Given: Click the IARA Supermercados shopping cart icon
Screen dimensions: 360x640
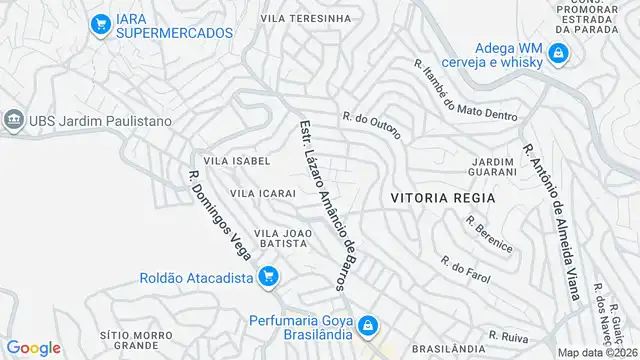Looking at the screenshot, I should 100,24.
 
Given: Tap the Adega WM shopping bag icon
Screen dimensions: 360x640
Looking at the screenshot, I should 560,54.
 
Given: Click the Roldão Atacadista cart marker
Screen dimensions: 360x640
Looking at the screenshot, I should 267,277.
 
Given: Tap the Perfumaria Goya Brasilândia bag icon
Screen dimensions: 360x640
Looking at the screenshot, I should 369,325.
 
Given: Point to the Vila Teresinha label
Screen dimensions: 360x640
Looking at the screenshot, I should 306,18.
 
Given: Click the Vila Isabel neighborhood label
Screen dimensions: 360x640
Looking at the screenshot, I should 237,160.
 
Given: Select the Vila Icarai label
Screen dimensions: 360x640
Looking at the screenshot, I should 263,192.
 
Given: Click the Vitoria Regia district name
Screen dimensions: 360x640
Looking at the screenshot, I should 443,198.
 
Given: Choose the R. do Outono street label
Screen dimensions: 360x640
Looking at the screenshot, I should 371,125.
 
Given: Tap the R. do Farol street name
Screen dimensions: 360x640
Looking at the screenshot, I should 465,267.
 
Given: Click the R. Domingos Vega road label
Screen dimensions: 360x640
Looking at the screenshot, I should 219,214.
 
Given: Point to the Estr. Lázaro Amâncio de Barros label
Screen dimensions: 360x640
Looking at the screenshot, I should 327,206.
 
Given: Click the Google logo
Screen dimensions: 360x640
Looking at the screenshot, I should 33,347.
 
